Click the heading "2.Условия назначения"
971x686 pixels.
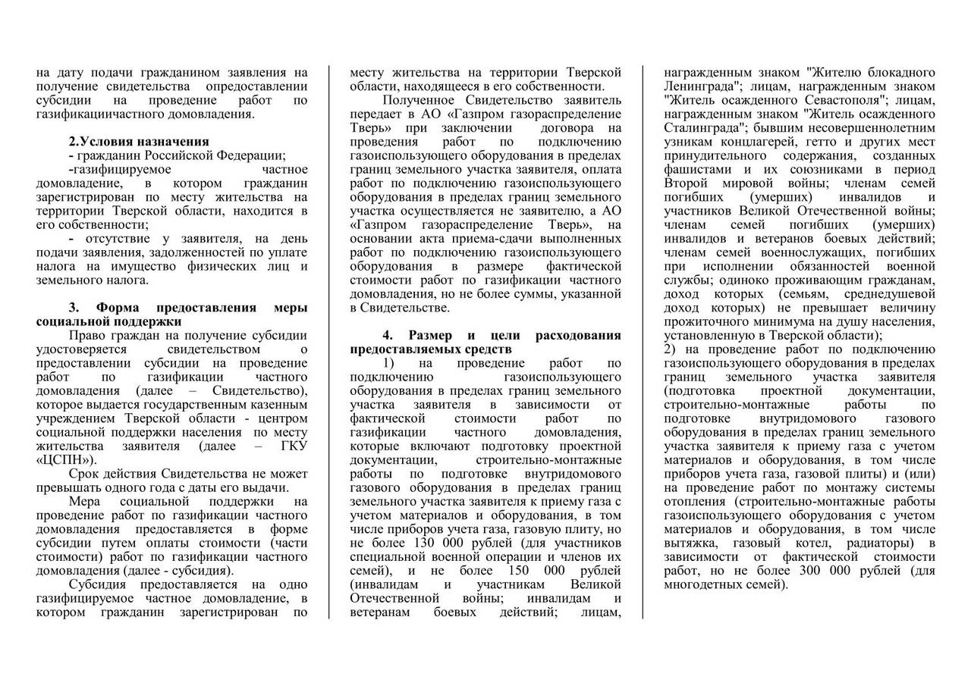pyautogui.click(x=139, y=142)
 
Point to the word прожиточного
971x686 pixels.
pyautogui.click(x=704, y=321)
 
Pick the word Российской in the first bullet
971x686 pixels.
pyautogui.click(x=188, y=155)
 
